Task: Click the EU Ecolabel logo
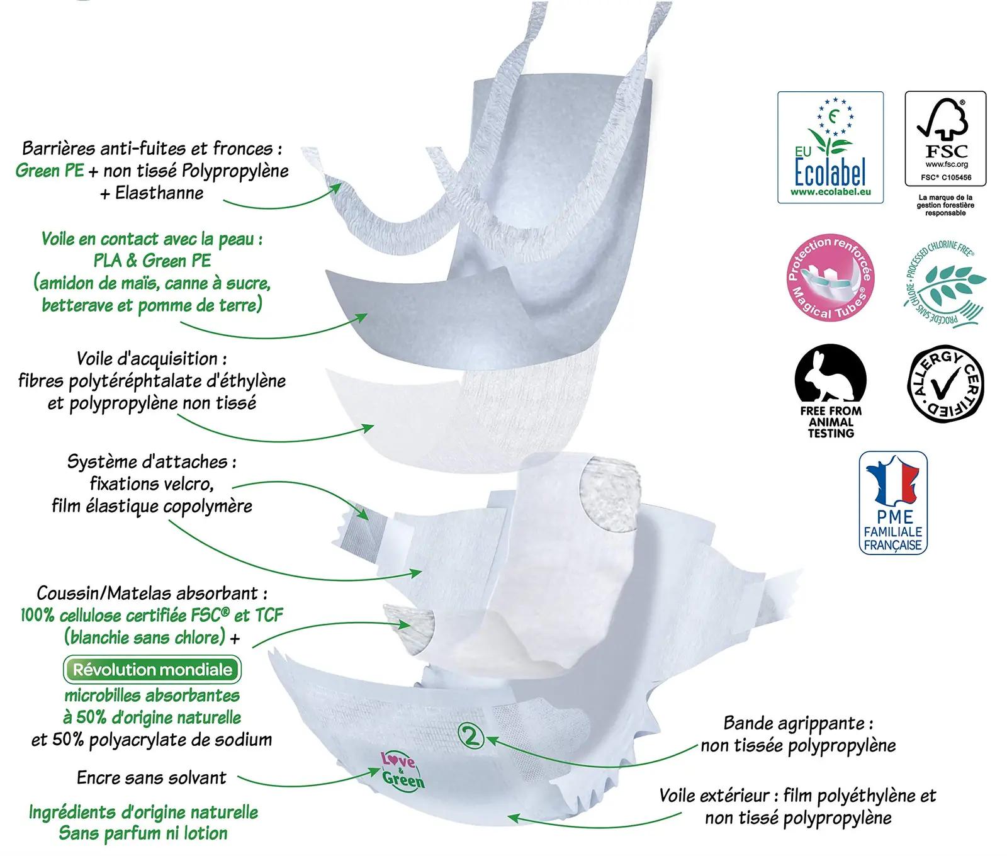click(830, 147)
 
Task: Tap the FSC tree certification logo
click(945, 138)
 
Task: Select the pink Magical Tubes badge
click(830, 278)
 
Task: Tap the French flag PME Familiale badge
click(893, 503)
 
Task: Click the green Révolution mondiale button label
click(152, 670)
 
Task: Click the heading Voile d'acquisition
click(152, 359)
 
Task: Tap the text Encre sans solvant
click(151, 777)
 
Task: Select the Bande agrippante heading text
click(798, 724)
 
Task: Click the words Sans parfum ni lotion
click(143, 833)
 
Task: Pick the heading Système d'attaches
click(152, 462)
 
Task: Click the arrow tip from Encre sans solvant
click(381, 770)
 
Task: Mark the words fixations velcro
click(152, 484)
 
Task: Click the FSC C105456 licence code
click(946, 177)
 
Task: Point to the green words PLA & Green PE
click(152, 261)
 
